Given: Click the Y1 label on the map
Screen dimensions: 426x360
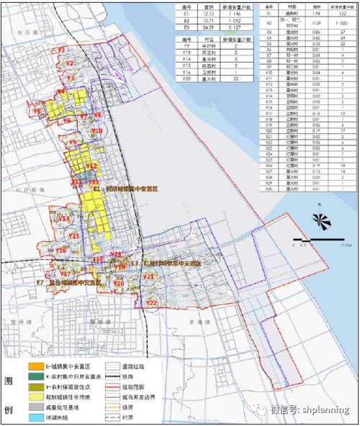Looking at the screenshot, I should [x=61, y=50].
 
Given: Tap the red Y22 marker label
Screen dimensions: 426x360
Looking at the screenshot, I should [x=151, y=303].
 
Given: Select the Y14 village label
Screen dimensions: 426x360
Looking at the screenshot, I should [x=64, y=217].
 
